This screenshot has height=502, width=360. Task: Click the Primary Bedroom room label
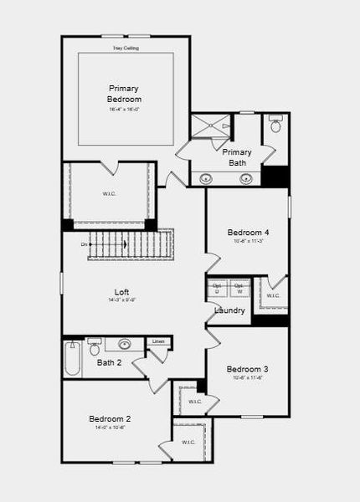pyautogui.click(x=124, y=94)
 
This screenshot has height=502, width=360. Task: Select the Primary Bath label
pyautogui.click(x=237, y=156)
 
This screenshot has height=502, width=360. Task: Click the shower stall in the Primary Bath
pyautogui.click(x=210, y=126)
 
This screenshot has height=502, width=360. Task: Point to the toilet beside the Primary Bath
pyautogui.click(x=275, y=126)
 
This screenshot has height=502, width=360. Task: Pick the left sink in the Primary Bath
pyautogui.click(x=206, y=177)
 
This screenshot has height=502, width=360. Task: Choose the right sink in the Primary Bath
pyautogui.click(x=246, y=177)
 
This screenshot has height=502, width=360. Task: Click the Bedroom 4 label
pyautogui.click(x=248, y=232)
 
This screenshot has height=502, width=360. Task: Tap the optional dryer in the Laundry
pyautogui.click(x=217, y=288)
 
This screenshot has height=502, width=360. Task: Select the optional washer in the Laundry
pyautogui.click(x=239, y=288)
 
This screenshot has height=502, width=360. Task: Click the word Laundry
pyautogui.click(x=229, y=310)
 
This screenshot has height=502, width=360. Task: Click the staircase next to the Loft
pyautogui.click(x=130, y=244)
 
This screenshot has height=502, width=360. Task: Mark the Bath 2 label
pyautogui.click(x=110, y=362)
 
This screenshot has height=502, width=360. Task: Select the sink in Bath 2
pyautogui.click(x=125, y=343)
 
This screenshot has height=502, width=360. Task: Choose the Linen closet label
pyautogui.click(x=158, y=341)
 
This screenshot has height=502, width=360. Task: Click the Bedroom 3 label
pyautogui.click(x=247, y=369)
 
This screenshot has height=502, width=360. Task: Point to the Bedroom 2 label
pyautogui.click(x=110, y=418)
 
